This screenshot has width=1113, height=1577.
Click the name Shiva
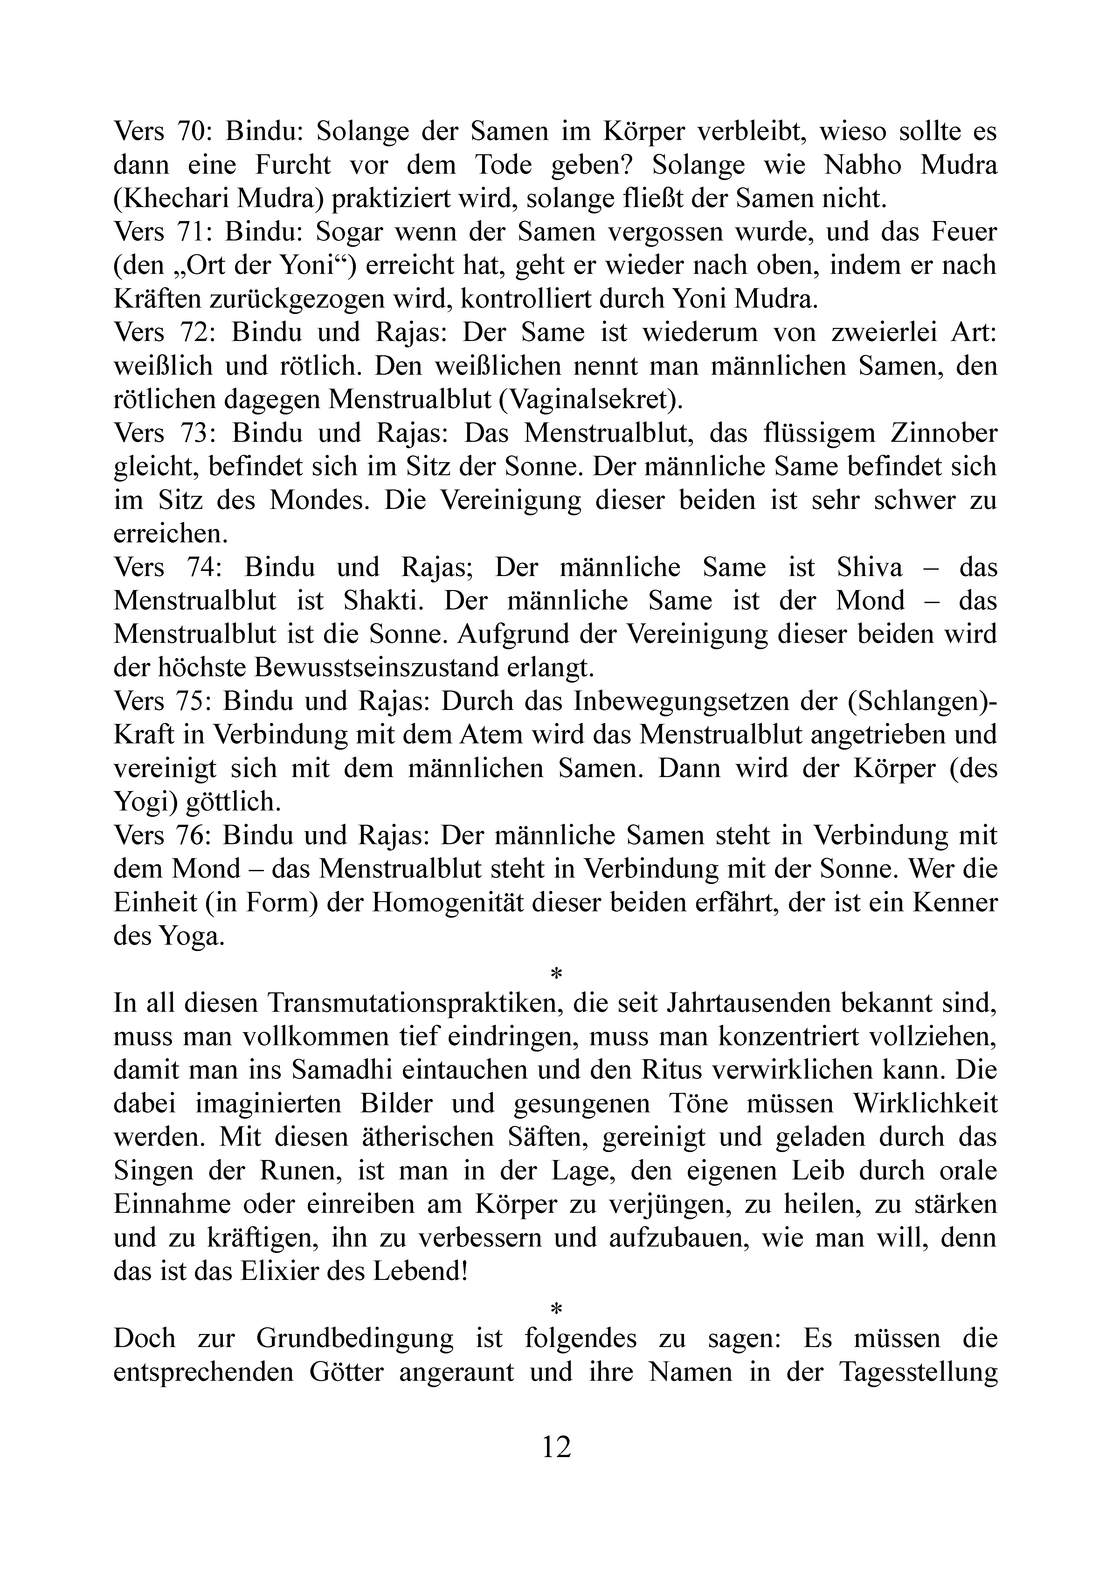tap(870, 567)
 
